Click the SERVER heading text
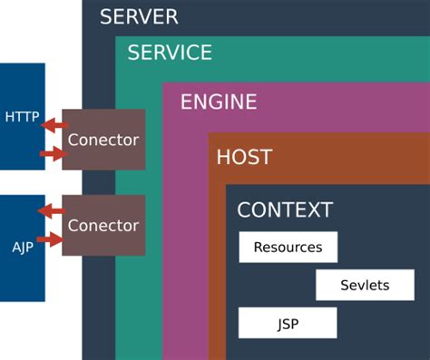tap(139, 16)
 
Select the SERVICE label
tap(170, 53)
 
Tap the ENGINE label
tap(219, 102)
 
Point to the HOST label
tap(244, 157)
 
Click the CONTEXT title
tap(285, 209)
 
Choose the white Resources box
tap(288, 247)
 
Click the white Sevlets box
tap(365, 285)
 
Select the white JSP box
tap(288, 323)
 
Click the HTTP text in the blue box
tap(22, 116)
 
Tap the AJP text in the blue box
tap(22, 247)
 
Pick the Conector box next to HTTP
tap(103, 140)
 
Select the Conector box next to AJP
tap(103, 225)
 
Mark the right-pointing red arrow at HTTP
tap(54, 154)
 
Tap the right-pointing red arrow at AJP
tap(54, 240)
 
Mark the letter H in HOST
tap(223, 157)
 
